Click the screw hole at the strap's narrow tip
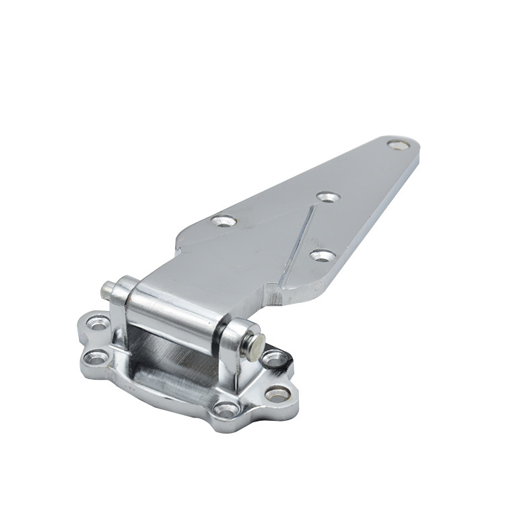(x=398, y=145)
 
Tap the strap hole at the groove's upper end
(x=328, y=197)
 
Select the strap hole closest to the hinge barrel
(x=224, y=220)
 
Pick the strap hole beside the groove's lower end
(x=323, y=255)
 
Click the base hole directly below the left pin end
(x=99, y=324)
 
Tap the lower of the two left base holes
(x=95, y=357)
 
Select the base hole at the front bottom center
(x=226, y=409)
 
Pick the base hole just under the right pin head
(x=273, y=359)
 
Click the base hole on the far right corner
(x=278, y=394)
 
